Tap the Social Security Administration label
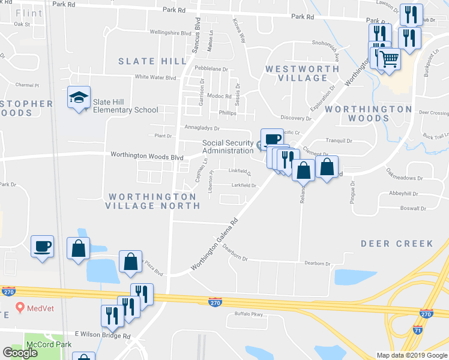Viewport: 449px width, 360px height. tap(228, 147)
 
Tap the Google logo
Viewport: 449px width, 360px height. tap(20, 353)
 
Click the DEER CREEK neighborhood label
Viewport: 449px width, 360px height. tap(397, 243)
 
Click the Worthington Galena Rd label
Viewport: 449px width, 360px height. tap(215, 244)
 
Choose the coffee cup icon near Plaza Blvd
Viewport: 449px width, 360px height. tap(43, 247)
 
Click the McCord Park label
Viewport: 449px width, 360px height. tap(49, 344)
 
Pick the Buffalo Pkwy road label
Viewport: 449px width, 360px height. tap(249, 314)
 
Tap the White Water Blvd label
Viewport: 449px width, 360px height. tap(155, 77)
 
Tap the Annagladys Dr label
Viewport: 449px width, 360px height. tap(202, 128)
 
